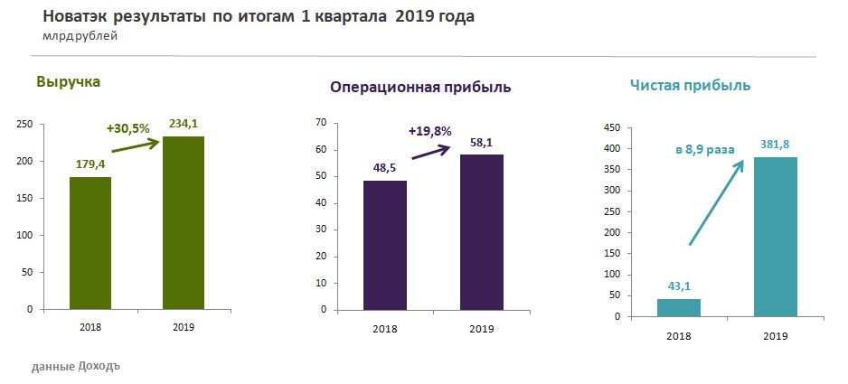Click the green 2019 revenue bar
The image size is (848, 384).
(x=184, y=222)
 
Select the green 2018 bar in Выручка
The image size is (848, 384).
(x=90, y=243)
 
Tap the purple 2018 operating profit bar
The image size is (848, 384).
(x=385, y=245)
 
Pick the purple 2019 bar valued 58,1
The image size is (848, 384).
(x=481, y=232)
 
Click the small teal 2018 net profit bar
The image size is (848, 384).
(x=679, y=307)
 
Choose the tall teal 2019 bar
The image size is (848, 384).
(x=776, y=237)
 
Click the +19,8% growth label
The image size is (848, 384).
(x=429, y=131)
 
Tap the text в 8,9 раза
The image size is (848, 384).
(x=705, y=150)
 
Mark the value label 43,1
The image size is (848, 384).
(x=679, y=286)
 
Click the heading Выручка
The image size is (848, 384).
(x=68, y=82)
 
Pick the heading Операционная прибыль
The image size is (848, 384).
(x=420, y=88)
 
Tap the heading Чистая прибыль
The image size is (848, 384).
(x=690, y=86)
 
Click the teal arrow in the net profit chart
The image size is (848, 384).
(x=716, y=202)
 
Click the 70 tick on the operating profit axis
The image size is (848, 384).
(x=320, y=123)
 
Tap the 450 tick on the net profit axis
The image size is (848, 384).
(x=612, y=127)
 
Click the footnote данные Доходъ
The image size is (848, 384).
(x=75, y=367)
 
